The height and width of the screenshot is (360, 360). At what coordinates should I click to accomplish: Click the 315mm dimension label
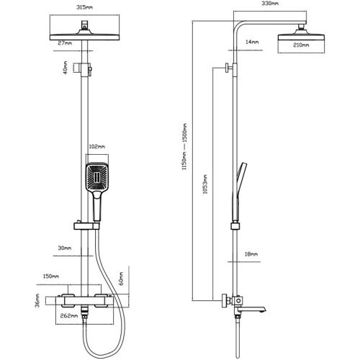point(84,7)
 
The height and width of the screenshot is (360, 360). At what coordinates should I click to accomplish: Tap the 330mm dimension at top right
point(270,4)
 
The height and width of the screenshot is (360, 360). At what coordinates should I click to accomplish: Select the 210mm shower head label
point(301,45)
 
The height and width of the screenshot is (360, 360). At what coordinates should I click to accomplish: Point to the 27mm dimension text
point(65,43)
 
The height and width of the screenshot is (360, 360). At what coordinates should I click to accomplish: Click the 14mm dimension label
point(252,42)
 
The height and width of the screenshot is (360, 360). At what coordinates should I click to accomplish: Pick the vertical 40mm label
point(66,68)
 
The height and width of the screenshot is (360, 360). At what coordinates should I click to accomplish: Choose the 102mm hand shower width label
point(96,146)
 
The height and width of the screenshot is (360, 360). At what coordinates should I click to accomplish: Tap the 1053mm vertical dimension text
point(205,184)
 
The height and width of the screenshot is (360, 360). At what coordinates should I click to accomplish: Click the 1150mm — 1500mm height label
point(184,147)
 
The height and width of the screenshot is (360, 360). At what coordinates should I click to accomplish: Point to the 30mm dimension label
point(65,248)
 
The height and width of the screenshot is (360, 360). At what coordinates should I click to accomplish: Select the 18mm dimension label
point(251,254)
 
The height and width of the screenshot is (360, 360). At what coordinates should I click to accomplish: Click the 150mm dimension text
point(51,276)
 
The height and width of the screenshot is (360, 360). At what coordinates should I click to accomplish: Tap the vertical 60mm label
point(121,279)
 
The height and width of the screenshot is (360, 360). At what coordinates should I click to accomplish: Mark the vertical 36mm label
point(37,300)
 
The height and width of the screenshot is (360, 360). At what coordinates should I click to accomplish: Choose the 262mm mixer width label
point(69,316)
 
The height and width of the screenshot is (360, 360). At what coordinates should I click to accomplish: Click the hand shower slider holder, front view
point(86,226)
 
